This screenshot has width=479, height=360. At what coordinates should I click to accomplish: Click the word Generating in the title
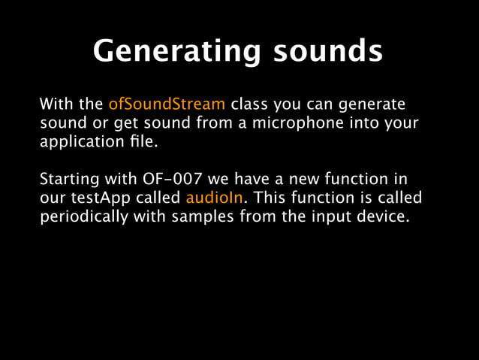pyautogui.click(x=176, y=52)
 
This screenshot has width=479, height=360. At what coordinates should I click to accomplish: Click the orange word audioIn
pyautogui.click(x=217, y=198)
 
